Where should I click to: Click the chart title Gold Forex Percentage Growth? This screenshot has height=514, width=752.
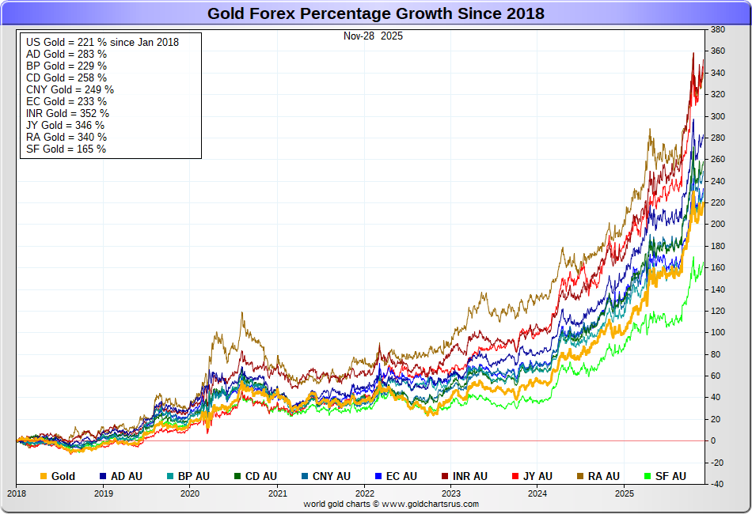[x=376, y=13]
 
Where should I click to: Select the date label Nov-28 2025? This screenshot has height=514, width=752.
[x=373, y=36]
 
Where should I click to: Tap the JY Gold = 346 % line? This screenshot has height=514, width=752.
[x=65, y=125]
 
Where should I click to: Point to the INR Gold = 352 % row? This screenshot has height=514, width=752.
[x=67, y=113]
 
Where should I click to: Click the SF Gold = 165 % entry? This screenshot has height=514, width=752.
[x=66, y=149]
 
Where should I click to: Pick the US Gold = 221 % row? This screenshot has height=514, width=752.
[x=102, y=42]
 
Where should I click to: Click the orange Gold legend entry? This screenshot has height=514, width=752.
[x=58, y=476]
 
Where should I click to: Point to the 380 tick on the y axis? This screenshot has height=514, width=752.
[x=718, y=30]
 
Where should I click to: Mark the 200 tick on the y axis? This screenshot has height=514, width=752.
[x=718, y=225]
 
